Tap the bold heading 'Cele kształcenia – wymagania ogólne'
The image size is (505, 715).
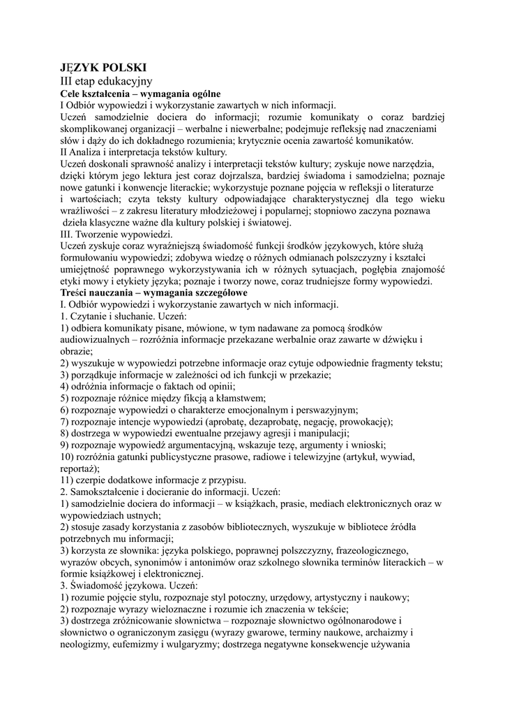pos(140,94)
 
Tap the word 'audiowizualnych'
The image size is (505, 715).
pos(95,339)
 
